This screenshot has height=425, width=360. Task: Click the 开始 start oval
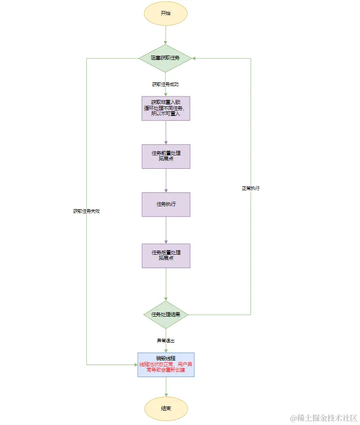(x=165, y=13)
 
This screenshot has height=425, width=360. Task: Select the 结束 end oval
(x=166, y=409)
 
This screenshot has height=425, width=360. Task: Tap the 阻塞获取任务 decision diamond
(x=165, y=58)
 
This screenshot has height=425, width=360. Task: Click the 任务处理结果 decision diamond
(x=165, y=315)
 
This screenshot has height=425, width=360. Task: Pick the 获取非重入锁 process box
(x=166, y=108)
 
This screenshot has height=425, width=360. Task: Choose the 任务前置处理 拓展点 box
(x=166, y=156)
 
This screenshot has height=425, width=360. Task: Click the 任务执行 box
(x=166, y=204)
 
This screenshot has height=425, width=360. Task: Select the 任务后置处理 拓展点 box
(x=166, y=256)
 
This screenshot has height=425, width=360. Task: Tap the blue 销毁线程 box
(x=166, y=365)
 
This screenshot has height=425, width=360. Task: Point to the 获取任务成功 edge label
(x=165, y=84)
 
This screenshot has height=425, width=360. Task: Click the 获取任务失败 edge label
(x=86, y=211)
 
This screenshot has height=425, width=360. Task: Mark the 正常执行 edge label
(x=251, y=188)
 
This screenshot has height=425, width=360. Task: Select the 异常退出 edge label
(x=165, y=341)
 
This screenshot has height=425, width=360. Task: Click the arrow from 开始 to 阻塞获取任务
(x=165, y=35)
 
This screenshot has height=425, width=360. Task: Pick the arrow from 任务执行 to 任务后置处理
(x=166, y=230)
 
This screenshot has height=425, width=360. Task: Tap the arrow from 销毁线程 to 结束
(x=166, y=387)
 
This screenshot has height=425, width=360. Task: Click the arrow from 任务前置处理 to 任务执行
(x=166, y=180)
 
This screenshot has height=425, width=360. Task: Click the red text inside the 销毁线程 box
(x=166, y=368)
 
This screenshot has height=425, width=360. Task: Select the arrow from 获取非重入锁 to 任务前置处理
(x=166, y=132)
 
